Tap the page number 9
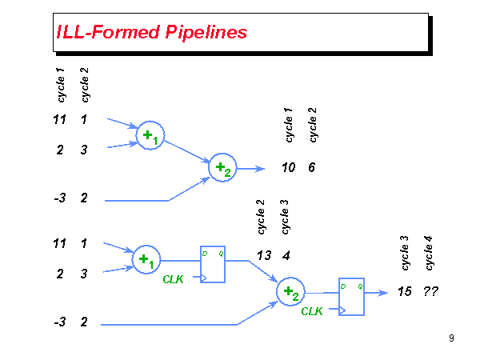point(452,338)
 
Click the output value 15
point(405,292)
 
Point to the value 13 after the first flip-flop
point(264,255)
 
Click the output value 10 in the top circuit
point(289,168)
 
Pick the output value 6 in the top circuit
point(311,168)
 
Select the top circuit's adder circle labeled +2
point(222,168)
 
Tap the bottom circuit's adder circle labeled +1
point(146,259)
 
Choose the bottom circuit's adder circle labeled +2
point(290,293)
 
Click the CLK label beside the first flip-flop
point(174,279)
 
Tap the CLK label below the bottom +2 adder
point(312,312)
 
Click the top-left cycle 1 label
point(61,86)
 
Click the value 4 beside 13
point(286,255)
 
